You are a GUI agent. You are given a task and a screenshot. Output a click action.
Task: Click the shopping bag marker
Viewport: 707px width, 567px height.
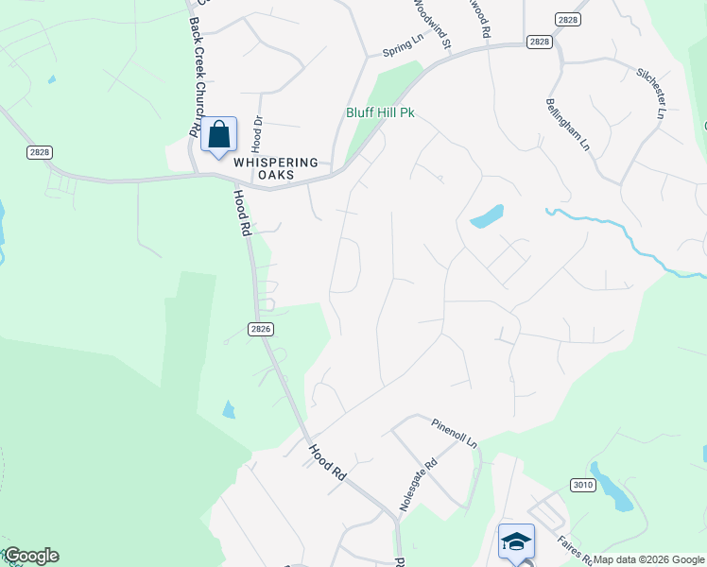click(218, 137)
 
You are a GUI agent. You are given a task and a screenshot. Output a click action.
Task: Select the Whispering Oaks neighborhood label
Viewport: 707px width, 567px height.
click(276, 168)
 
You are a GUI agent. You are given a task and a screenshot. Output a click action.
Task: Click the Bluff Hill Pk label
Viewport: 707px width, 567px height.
click(379, 112)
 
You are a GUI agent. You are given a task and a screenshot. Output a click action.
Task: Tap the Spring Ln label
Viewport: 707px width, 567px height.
click(401, 44)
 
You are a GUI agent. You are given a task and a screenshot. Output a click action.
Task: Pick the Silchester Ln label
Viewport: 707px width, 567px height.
click(649, 92)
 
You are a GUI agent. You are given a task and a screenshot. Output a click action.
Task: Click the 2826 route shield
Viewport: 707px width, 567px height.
click(262, 329)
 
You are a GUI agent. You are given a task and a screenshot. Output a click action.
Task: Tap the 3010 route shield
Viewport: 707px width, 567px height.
click(582, 486)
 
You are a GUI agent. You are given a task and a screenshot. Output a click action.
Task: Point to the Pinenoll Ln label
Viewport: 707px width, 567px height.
click(455, 434)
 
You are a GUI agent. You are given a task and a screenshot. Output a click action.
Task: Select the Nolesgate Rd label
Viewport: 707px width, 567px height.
click(419, 484)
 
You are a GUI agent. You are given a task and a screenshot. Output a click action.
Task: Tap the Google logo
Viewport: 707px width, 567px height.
click(31, 556)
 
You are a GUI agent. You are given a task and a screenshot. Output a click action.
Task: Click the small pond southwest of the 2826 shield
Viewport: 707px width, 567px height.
click(229, 409)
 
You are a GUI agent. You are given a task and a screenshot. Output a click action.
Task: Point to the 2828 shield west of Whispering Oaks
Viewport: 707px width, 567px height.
click(40, 152)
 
